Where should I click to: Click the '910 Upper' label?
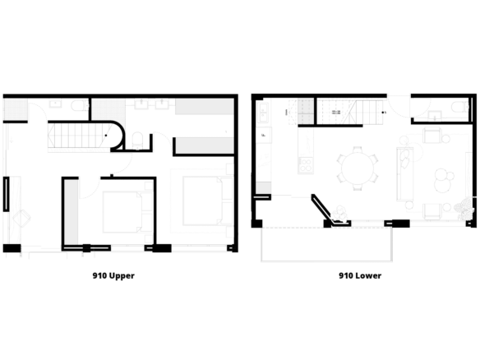tap(113, 275)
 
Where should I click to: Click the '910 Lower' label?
tap(360, 275)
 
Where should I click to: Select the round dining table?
tap(358, 168)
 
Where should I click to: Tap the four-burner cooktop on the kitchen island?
tap(306, 164)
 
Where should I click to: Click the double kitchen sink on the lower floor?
tap(263, 113)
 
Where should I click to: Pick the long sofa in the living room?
tap(405, 173)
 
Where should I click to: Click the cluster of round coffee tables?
tap(444, 180)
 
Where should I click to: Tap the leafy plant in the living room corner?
tap(465, 209)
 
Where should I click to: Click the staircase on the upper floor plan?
tap(79, 136)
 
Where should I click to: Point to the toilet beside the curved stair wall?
tap(137, 141)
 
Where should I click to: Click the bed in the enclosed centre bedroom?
tap(122, 212)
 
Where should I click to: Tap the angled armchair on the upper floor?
tap(21, 218)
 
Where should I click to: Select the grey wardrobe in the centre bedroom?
tap(71, 212)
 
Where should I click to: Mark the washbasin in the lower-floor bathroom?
tap(435, 115)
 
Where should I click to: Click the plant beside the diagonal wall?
tap(340, 214)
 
